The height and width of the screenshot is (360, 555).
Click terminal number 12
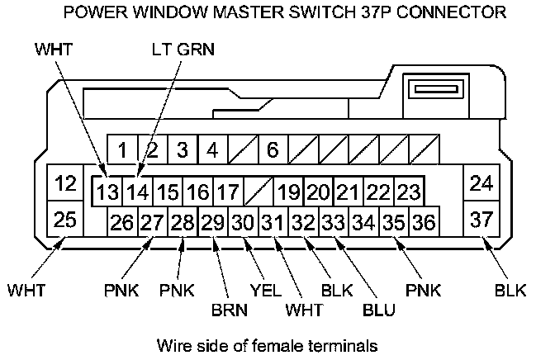click(x=63, y=183)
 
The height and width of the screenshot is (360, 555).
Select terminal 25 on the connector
click(x=63, y=220)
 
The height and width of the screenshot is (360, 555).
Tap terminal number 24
click(x=481, y=183)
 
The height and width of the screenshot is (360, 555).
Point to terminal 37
click(x=481, y=220)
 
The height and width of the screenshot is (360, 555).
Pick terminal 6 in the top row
click(x=273, y=151)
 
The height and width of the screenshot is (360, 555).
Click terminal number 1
click(x=122, y=151)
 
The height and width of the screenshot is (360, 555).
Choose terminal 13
click(x=107, y=193)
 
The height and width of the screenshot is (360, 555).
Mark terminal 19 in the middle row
click(x=288, y=193)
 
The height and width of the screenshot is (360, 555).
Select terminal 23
click(x=408, y=193)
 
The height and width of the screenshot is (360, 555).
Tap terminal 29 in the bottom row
click(x=213, y=221)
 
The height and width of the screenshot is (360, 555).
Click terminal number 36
click(x=423, y=221)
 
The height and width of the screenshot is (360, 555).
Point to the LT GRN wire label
click(x=183, y=50)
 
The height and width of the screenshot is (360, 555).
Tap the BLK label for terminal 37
click(x=510, y=290)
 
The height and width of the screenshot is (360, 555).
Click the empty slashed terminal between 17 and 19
click(x=258, y=193)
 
